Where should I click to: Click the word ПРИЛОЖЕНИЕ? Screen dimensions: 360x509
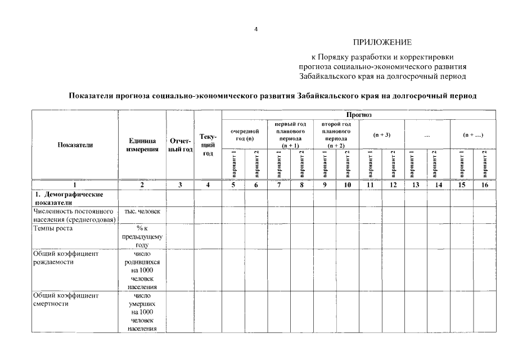point(382,42)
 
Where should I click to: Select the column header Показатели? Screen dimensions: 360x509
point(75,145)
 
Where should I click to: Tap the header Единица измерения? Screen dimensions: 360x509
point(142,145)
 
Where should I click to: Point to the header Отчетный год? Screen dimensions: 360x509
point(180,145)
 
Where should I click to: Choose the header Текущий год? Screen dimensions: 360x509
point(208,145)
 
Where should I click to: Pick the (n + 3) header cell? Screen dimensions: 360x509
point(382,134)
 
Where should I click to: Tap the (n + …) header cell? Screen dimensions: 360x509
point(473,134)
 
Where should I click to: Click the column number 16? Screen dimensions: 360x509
point(484,184)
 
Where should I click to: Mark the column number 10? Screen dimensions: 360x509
point(348,184)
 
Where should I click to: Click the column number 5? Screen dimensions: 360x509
point(233,184)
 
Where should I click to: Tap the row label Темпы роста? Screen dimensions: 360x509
point(53,228)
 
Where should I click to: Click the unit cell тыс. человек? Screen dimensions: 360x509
point(142,211)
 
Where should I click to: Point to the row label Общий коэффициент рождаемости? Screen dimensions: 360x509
point(66,258)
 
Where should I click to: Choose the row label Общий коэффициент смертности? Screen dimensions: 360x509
point(66,299)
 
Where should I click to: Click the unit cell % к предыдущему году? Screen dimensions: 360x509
point(142,236)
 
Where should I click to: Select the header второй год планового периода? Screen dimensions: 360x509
point(336,134)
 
